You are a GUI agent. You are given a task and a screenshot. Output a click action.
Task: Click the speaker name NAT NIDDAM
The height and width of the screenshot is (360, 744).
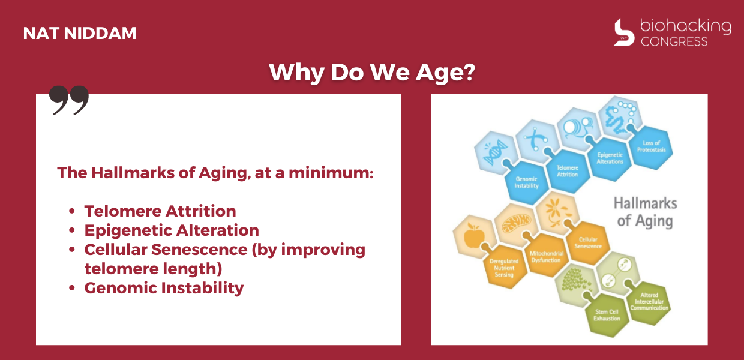tap(80, 33)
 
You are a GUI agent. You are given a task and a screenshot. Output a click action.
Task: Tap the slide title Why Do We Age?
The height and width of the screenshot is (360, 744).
tap(372, 72)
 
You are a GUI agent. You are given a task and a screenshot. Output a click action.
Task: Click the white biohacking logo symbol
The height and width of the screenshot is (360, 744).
tap(623, 32)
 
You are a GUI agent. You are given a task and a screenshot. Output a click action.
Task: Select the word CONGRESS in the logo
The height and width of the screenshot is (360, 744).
tap(674, 41)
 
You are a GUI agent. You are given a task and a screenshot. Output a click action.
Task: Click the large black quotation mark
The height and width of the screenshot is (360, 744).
tap(69, 100)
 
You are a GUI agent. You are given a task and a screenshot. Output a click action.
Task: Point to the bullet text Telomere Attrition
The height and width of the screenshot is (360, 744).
tap(160, 211)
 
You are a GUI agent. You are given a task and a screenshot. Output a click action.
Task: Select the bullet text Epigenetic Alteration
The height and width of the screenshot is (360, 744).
tap(172, 230)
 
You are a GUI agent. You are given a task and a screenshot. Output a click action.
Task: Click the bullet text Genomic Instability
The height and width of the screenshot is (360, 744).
tap(164, 287)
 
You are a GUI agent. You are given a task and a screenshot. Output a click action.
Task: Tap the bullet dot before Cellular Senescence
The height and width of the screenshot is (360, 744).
tap(72, 250)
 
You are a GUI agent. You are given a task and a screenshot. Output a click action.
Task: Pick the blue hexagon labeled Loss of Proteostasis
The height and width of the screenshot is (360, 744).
tap(651, 147)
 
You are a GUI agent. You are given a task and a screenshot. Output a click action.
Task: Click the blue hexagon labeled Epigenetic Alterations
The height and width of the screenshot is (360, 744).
tap(610, 158)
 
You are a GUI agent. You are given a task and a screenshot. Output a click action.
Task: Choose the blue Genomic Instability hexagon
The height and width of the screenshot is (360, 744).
tap(526, 182)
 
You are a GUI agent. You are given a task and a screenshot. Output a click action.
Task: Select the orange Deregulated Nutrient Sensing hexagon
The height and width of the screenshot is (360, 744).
tap(504, 268)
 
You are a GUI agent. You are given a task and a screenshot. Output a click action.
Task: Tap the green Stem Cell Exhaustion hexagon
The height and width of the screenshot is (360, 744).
tap(607, 315)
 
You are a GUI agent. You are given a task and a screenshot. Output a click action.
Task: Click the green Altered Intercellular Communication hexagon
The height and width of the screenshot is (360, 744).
tap(649, 302)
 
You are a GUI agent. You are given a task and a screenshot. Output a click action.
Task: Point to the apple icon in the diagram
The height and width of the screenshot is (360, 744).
tap(474, 235)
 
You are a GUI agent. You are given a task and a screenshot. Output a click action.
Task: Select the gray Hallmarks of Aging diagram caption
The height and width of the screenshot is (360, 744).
tap(645, 212)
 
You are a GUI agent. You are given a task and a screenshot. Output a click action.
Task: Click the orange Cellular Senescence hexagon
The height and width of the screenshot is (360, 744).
tap(588, 243)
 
